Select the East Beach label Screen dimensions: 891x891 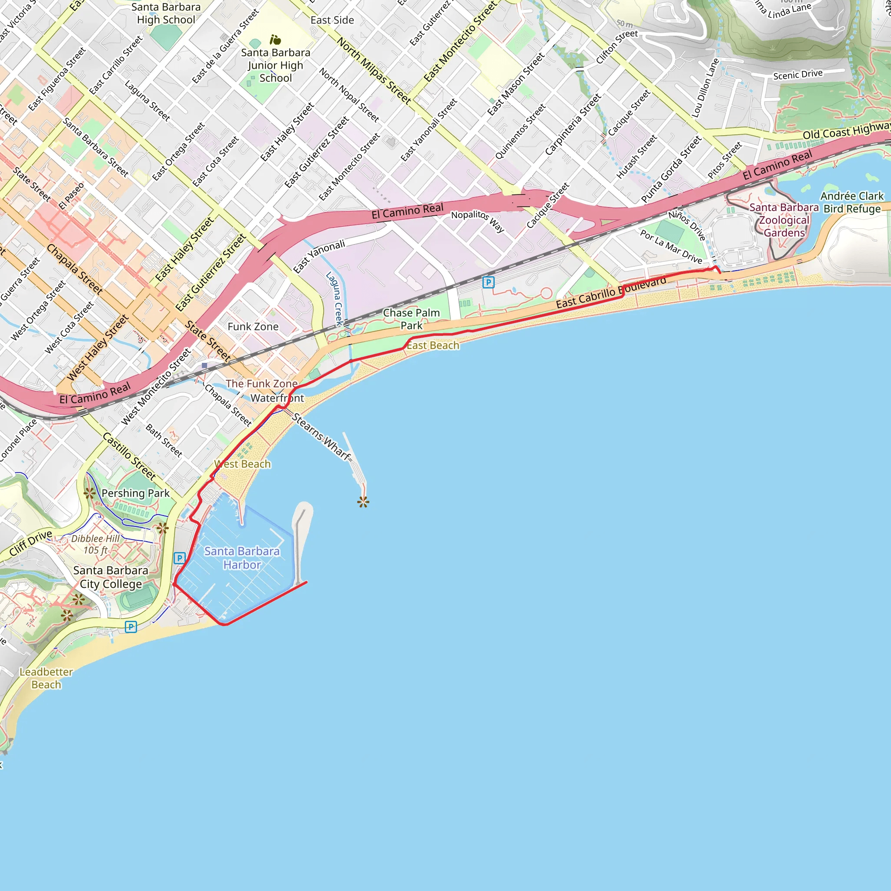pos(432,345)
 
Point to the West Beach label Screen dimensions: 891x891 pos(243,464)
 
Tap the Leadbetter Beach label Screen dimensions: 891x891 pos(46,678)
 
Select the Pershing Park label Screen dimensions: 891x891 pos(135,493)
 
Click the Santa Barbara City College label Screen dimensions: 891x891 pos(111,577)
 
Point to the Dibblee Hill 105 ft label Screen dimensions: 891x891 pos(95,544)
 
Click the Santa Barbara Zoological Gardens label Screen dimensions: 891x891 pos(784,220)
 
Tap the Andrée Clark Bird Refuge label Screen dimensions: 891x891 pos(852,202)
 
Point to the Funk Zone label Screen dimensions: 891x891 pos(253,327)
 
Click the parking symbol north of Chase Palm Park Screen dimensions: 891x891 pos(489,282)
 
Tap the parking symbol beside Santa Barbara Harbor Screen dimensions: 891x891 pos(179,558)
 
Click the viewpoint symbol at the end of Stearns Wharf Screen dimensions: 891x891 pos(363,502)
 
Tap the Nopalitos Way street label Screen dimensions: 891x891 pos(477,221)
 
